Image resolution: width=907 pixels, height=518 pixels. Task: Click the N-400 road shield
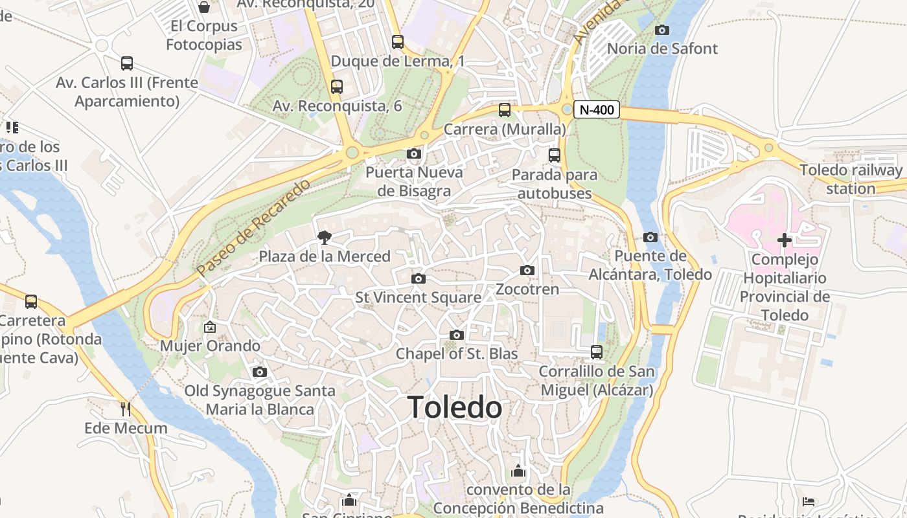(x=596, y=110)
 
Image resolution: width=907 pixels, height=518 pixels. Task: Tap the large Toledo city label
(x=455, y=407)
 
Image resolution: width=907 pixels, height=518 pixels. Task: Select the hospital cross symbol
(x=785, y=240)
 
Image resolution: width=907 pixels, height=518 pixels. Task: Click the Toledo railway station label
(x=851, y=179)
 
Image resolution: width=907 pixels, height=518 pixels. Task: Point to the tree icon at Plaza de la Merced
(x=325, y=238)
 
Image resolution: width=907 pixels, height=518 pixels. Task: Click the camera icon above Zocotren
(x=527, y=270)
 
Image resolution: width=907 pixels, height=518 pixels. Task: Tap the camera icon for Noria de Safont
(x=662, y=30)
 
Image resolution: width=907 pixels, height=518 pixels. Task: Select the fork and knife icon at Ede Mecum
(x=126, y=409)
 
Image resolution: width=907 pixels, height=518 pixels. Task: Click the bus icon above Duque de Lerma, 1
(x=398, y=42)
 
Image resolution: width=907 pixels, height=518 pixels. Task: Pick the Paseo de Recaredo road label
(x=254, y=228)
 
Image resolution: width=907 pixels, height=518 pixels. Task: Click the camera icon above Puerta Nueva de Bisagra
(x=413, y=154)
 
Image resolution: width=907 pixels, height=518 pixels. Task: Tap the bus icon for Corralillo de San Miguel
(x=597, y=352)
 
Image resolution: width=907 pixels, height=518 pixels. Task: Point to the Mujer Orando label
(x=210, y=346)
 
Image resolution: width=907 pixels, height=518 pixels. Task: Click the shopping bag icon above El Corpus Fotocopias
(x=204, y=7)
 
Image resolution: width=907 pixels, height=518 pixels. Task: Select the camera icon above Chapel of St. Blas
(x=457, y=335)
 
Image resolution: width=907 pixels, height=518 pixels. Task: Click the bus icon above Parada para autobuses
(x=554, y=155)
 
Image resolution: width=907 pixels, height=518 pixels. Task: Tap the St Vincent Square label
(x=419, y=298)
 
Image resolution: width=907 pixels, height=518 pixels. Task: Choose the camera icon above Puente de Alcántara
(x=650, y=237)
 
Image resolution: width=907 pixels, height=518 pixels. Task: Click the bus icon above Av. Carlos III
(x=127, y=63)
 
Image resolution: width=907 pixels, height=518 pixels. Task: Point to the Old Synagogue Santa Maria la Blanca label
(x=260, y=400)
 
